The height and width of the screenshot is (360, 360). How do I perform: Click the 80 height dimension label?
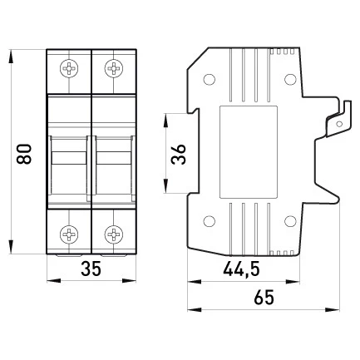[x=24, y=154]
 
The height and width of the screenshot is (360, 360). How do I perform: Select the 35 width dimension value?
[x=91, y=269]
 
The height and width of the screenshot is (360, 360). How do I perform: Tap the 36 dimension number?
[x=179, y=155]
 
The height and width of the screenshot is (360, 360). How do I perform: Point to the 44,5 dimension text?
[x=241, y=269]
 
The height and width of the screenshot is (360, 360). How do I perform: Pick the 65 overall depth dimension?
[x=264, y=298]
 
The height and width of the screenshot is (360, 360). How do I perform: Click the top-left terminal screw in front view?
[x=69, y=68]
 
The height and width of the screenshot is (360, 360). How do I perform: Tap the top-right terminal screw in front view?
[x=114, y=68]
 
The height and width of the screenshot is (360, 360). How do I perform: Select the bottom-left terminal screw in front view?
[x=69, y=234]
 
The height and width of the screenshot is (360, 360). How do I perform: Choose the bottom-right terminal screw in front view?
[x=114, y=234]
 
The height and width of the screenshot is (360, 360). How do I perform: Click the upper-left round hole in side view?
[x=210, y=79]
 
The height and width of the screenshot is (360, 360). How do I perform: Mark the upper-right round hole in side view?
[x=290, y=79]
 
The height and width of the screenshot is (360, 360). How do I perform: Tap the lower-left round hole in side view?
[x=210, y=221]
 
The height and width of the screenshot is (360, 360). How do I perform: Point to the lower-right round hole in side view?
[x=290, y=221]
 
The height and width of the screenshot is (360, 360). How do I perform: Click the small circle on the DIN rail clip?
[x=338, y=124]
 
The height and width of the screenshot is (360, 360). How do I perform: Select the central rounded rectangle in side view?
[x=249, y=152]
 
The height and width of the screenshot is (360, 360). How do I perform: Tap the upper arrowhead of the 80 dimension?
[x=11, y=57]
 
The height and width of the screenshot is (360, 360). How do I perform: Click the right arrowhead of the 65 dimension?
[x=333, y=309]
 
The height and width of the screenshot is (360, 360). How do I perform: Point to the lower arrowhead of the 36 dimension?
[x=165, y=185]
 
